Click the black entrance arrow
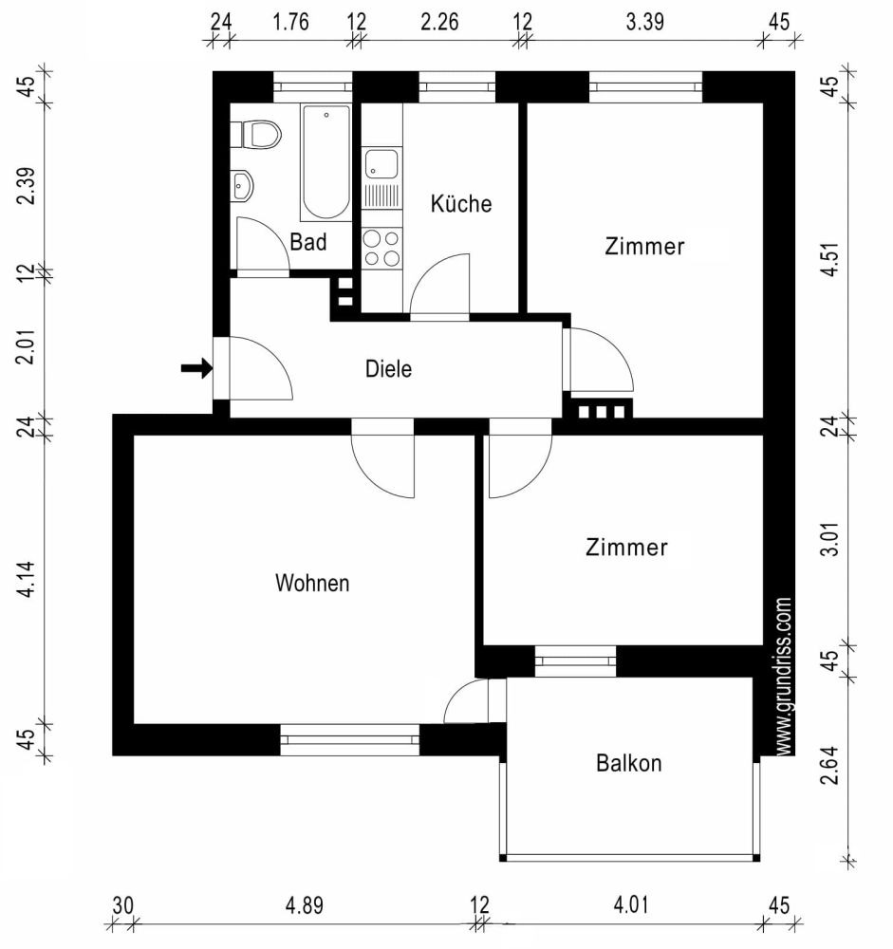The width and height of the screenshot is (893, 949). (196, 368)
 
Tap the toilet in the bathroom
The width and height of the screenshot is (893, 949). (258, 134)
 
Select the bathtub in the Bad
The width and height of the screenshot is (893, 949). (326, 161)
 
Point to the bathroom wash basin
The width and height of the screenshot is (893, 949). (241, 186)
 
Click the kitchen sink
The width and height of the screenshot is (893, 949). (381, 164)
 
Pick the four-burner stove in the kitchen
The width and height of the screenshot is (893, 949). (381, 248)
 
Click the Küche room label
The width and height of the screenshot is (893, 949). (461, 203)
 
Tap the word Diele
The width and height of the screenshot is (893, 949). (389, 369)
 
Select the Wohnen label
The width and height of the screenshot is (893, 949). (312, 583)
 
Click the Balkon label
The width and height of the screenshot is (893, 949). (628, 763)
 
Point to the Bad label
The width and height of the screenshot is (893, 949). (308, 242)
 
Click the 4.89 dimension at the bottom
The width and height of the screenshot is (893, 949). (305, 905)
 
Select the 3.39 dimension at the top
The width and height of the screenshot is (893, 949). (644, 24)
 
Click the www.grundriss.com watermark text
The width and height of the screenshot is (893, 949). (784, 676)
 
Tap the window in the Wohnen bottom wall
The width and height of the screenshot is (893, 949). (349, 740)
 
